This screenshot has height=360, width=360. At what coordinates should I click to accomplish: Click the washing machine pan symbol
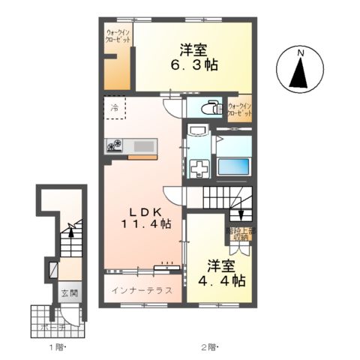(x=201, y=167)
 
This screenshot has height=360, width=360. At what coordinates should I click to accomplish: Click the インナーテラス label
(x=142, y=289)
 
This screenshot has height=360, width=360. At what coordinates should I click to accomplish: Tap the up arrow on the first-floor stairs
(x=70, y=229)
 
